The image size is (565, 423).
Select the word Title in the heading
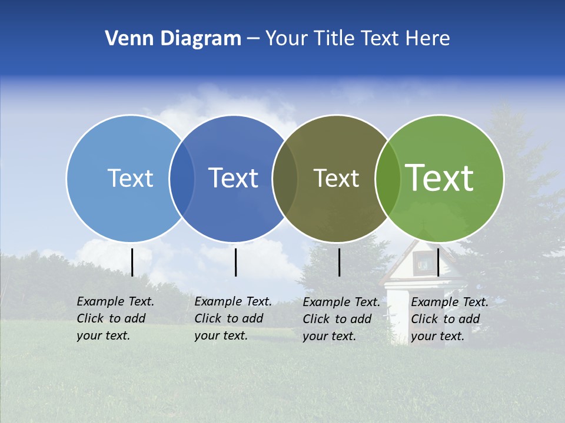[x=334, y=39]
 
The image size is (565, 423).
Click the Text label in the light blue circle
[x=130, y=178]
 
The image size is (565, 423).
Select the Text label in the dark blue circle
[x=234, y=178]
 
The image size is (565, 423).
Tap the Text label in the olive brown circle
[x=336, y=178]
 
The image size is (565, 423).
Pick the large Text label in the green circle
[x=440, y=177]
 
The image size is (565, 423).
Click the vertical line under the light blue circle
[x=132, y=262]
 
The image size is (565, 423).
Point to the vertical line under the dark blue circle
[x=235, y=262]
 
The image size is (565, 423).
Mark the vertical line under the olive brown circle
[x=339, y=262]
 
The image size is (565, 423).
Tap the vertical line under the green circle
[x=438, y=262]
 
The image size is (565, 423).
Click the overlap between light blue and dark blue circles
[x=182, y=179]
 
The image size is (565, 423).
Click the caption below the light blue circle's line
[x=115, y=318]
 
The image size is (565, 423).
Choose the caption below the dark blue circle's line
[x=233, y=318]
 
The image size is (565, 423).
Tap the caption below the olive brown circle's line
[x=341, y=319]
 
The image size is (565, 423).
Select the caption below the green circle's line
[x=450, y=319]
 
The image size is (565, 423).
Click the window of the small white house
[x=423, y=264]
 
